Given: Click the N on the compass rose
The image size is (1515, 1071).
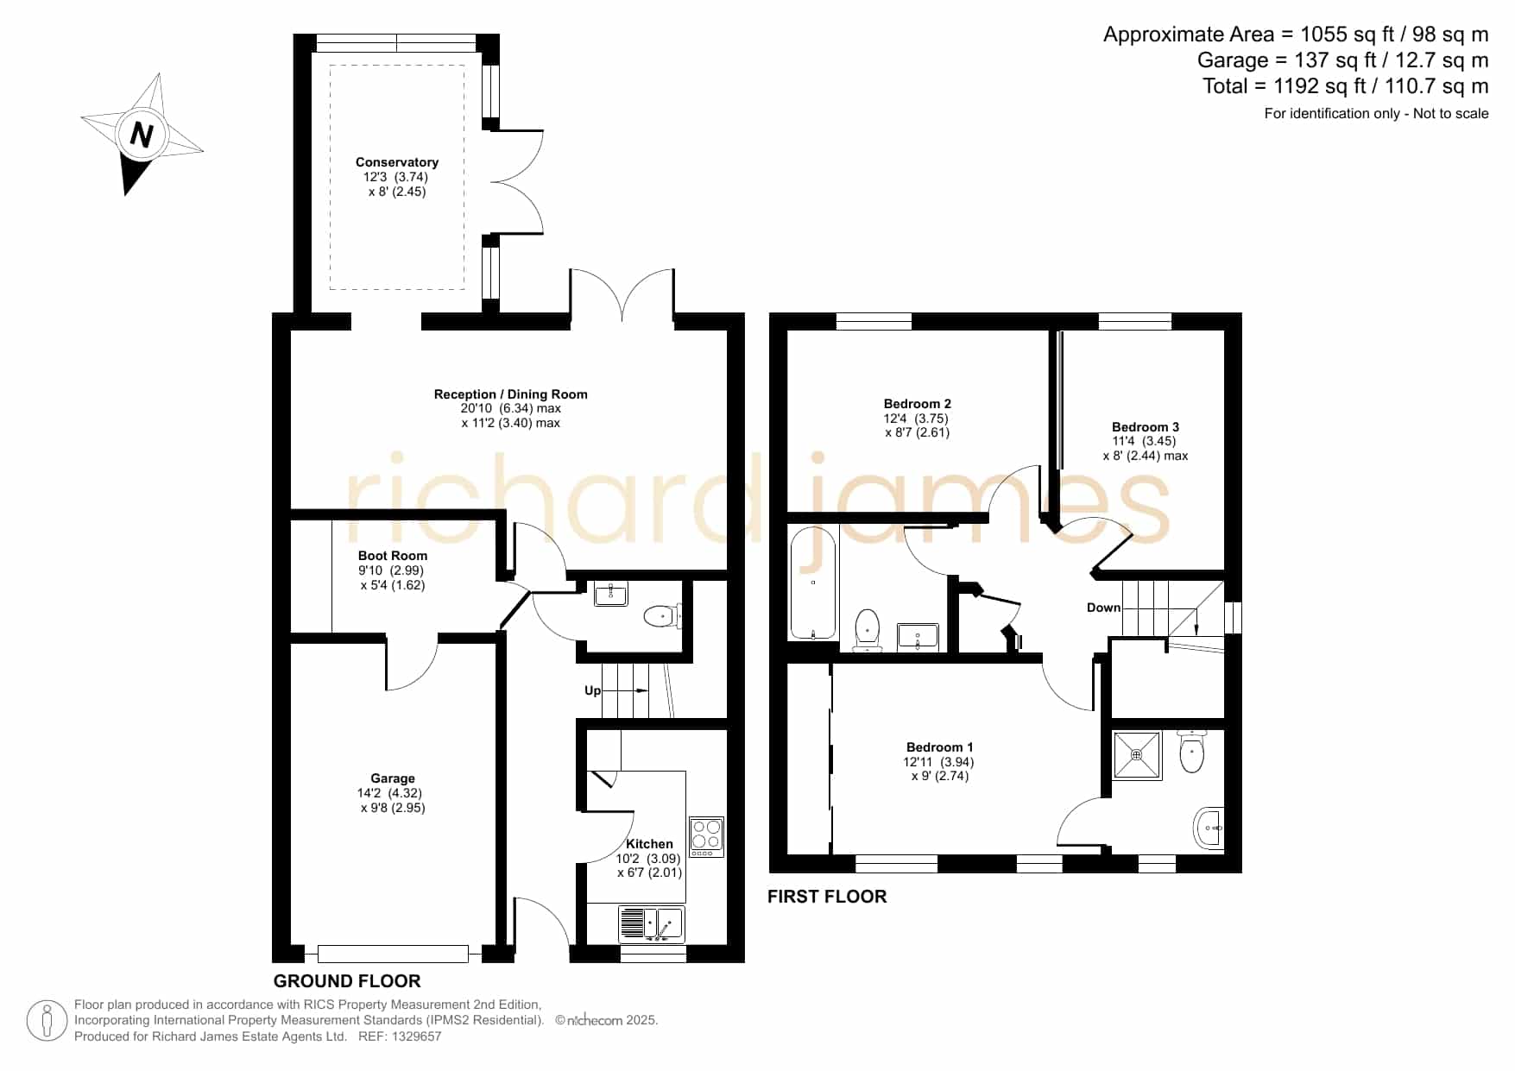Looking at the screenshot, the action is click(x=141, y=135).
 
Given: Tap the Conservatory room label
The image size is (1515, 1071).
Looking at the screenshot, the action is click(x=397, y=162).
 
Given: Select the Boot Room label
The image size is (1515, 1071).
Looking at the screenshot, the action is click(x=393, y=556).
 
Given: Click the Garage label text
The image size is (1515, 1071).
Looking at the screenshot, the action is click(x=393, y=778).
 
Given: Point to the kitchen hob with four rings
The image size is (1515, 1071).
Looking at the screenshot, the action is click(x=706, y=836).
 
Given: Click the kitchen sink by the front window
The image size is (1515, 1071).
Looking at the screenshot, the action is click(x=652, y=924).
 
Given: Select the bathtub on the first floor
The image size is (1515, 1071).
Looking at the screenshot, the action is click(x=813, y=583).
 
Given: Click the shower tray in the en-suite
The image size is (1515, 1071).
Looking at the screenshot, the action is click(x=1137, y=755).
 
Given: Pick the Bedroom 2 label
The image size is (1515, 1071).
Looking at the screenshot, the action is click(x=918, y=404).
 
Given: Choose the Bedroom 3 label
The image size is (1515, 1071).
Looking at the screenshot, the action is click(x=1146, y=427).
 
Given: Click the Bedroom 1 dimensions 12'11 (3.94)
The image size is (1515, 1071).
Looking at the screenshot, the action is click(x=938, y=762).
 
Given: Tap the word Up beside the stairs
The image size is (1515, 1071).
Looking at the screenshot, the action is click(x=592, y=690).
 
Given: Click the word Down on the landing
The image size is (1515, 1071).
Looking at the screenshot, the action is click(x=1103, y=608).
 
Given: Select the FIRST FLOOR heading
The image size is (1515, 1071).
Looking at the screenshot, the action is click(x=827, y=897).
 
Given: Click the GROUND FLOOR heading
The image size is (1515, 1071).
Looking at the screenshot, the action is click(x=347, y=981).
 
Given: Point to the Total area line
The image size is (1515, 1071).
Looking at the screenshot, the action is click(x=1346, y=86).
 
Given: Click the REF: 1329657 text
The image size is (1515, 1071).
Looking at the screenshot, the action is click(x=400, y=1036).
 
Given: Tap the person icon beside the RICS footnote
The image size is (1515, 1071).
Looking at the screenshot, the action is click(x=47, y=1021).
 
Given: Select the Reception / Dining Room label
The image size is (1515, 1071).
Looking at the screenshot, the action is click(x=510, y=394).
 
